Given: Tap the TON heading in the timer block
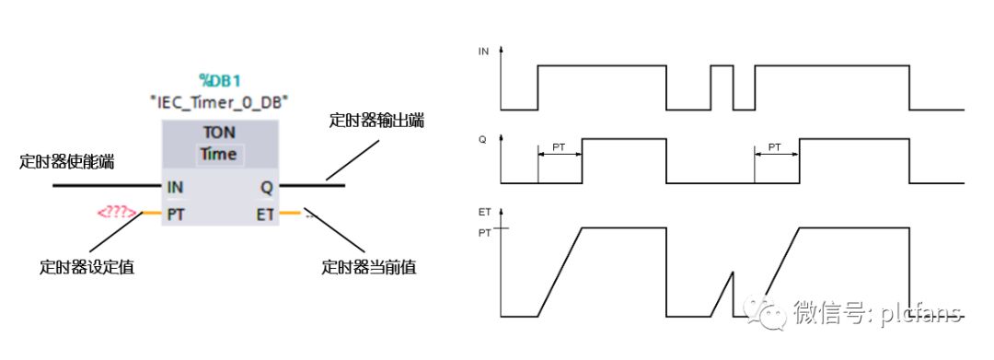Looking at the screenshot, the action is [219, 133].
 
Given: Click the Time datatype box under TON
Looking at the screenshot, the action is [219, 154].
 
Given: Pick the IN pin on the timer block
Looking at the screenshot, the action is [175, 188].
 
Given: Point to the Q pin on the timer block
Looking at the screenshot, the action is [267, 188].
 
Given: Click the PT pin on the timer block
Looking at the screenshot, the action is [176, 215].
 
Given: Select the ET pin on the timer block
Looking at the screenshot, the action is [265, 215].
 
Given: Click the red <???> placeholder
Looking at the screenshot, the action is [117, 213].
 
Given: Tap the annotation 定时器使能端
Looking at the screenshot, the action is [67, 162].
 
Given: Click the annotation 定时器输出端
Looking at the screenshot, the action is [376, 121].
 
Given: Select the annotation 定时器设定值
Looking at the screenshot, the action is [87, 267].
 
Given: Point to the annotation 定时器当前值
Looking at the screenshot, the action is [369, 267].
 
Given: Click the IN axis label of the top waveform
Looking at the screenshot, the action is [483, 52].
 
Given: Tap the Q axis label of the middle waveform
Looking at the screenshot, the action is [482, 139].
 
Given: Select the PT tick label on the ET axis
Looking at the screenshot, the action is [484, 233].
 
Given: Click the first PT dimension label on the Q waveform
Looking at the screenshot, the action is [560, 146].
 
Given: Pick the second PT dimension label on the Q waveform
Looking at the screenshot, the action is [775, 146].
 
